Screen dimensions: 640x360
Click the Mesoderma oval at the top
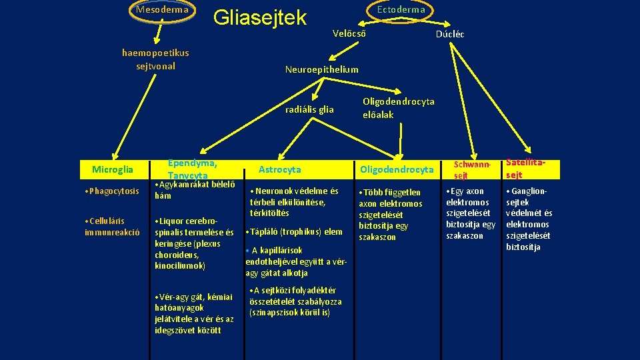coord(162,10)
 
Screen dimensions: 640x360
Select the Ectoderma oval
coord(401,10)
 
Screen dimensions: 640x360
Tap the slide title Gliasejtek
coord(259,18)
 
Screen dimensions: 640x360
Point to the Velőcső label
coord(348,33)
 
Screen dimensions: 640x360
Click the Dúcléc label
coord(450,34)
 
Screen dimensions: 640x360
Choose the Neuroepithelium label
coord(321,69)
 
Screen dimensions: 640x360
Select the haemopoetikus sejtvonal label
coord(155,59)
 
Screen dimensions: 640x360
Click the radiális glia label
coord(309,109)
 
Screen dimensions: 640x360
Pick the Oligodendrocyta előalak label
coord(398,108)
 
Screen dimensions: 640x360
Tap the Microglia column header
coord(113,170)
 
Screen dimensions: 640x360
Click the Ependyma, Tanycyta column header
coord(193,169)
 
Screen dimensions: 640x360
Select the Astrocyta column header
coord(279,170)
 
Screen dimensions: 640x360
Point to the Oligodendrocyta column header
coord(397,170)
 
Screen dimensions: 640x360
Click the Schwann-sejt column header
coord(472,169)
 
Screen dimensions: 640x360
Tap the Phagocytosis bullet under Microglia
coord(112,192)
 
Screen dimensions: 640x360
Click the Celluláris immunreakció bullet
coord(112,226)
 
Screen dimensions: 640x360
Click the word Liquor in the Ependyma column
coord(170,221)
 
